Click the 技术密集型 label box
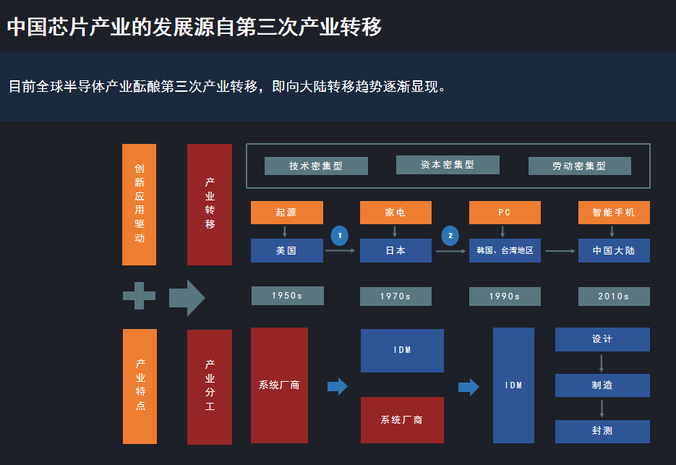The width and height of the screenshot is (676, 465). (x=316, y=166)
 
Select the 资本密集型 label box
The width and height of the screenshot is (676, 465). (x=448, y=165)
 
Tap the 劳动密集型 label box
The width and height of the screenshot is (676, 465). (x=579, y=166)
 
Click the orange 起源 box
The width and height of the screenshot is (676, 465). (x=286, y=213)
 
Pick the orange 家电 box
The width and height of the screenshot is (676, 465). (x=395, y=213)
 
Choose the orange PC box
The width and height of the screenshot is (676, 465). (x=505, y=213)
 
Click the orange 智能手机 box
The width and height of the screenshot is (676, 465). (x=614, y=213)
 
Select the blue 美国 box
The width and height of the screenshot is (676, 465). (x=286, y=250)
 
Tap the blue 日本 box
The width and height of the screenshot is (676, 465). (x=395, y=250)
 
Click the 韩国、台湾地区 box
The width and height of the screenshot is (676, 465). (x=505, y=250)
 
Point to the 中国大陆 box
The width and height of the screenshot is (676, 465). (x=614, y=250)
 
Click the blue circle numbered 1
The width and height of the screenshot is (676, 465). (x=340, y=236)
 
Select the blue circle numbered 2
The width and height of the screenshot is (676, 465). (x=450, y=236)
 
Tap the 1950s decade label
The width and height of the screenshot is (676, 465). (x=287, y=296)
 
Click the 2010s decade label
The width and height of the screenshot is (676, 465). (x=614, y=296)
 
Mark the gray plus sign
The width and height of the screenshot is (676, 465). (x=139, y=296)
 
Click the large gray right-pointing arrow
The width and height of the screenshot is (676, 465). (x=187, y=297)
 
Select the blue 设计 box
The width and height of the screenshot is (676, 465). (x=602, y=339)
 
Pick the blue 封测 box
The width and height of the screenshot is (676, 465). (x=602, y=431)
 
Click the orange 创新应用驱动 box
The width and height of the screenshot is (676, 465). (x=139, y=204)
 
